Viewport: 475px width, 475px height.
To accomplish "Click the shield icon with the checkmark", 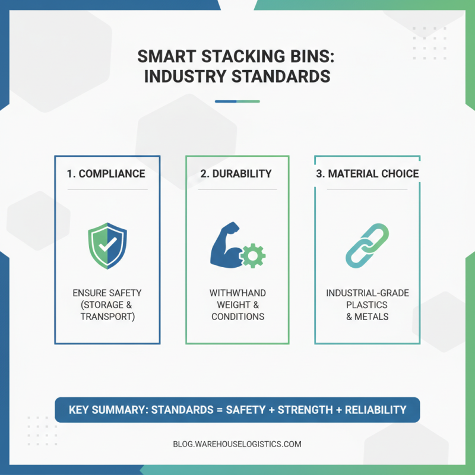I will (x=107, y=246).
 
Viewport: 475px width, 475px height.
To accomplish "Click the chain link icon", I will (x=367, y=245).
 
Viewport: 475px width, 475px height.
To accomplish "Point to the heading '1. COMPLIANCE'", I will (x=106, y=174).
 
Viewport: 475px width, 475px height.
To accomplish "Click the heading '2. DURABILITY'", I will (x=236, y=174).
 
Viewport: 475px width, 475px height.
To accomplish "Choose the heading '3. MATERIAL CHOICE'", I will (x=366, y=174).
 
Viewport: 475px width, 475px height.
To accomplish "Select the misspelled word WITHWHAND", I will (x=237, y=293).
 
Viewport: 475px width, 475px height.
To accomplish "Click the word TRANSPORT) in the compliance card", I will (x=107, y=316).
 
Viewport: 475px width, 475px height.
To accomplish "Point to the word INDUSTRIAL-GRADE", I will (x=368, y=293).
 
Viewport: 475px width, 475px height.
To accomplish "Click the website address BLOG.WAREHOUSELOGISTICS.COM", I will (x=237, y=444).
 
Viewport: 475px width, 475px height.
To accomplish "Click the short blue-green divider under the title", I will (x=237, y=101).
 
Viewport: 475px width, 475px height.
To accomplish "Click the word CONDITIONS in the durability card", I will (x=237, y=316).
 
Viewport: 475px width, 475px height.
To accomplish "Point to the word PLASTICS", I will (x=368, y=305).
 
